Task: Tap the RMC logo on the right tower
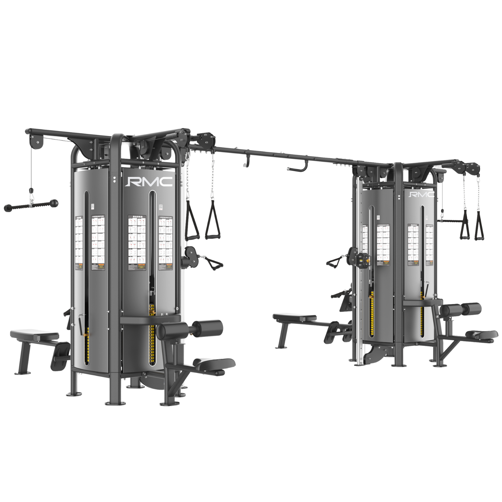(x=421, y=194)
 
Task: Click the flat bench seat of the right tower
(x=294, y=317)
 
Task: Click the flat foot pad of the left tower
(x=214, y=363)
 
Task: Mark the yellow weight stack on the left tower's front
(x=151, y=334)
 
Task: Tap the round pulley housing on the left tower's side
(x=190, y=257)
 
